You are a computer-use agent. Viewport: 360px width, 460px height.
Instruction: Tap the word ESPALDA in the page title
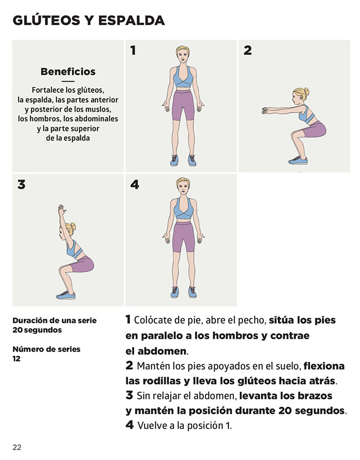pos(131,20)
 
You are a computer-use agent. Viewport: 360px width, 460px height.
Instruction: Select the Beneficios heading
pos(68,72)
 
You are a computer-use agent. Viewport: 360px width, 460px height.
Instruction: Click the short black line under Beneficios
pos(68,81)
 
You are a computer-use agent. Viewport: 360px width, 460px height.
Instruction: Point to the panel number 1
pos(133,50)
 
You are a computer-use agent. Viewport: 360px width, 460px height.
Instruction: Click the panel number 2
pos(247,50)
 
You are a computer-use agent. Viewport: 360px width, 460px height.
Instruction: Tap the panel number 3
pos(21,185)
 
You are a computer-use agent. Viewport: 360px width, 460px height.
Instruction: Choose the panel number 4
pos(135,185)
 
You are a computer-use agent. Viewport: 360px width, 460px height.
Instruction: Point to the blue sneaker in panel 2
pos(298,161)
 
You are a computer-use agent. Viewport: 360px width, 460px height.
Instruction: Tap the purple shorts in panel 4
pos(183,237)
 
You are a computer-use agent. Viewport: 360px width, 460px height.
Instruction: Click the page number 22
pos(17,447)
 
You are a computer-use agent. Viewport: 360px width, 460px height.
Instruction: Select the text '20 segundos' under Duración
pos(37,330)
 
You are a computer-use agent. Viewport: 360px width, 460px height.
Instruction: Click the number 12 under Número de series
pos(17,359)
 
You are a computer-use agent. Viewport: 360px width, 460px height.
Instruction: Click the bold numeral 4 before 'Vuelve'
pos(130,425)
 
